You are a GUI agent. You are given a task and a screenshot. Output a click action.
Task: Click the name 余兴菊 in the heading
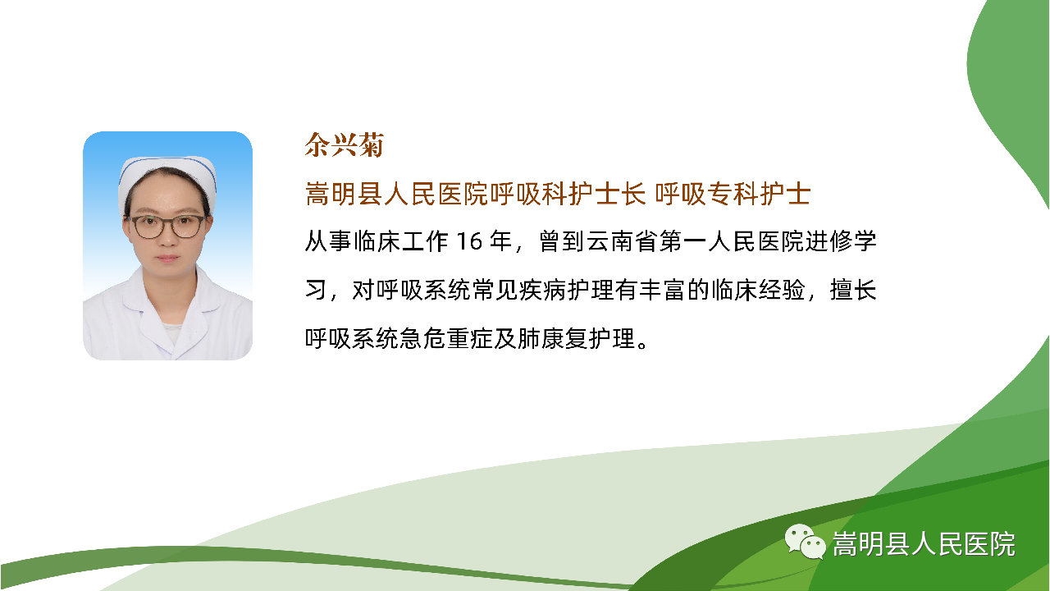point(345,144)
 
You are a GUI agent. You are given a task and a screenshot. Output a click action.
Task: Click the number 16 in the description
point(469,241)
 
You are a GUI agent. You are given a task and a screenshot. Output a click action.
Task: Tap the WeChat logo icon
point(805,541)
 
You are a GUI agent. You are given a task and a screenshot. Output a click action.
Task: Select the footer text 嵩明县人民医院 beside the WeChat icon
point(924,543)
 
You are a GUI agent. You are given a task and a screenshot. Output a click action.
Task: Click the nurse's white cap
point(167,181)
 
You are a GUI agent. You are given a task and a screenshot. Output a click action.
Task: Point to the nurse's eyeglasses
point(167,227)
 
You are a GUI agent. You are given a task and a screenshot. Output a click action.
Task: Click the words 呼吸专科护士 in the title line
point(733,194)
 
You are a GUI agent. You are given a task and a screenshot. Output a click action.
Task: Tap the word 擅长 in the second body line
point(852,290)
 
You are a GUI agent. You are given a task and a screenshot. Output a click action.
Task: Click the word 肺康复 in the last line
point(553,337)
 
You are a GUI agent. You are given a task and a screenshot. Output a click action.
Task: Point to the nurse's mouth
point(167,259)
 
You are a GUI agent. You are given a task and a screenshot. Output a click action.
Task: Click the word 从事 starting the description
point(328,241)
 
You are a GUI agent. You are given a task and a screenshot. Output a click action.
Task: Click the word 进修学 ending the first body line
point(841,241)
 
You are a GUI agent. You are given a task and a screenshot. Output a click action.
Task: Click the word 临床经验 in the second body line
point(758,290)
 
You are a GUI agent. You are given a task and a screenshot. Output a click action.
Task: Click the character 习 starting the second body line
point(316,290)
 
